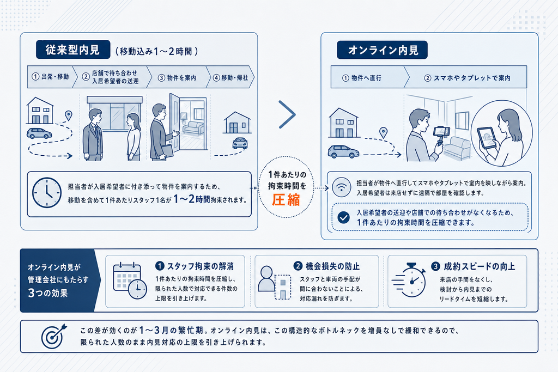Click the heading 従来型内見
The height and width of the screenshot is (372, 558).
click(72, 50)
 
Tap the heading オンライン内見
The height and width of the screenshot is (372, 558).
click(382, 50)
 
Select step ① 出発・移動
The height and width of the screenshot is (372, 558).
click(51, 77)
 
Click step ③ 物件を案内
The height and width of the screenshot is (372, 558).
click(177, 77)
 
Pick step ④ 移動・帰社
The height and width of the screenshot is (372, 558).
click(231, 77)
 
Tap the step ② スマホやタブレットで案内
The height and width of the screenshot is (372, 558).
click(468, 78)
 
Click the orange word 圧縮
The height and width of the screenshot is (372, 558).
click(286, 200)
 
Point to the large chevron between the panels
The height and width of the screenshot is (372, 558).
click(288, 114)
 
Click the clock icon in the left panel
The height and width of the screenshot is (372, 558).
click(47, 192)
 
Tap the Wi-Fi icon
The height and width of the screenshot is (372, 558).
click(341, 187)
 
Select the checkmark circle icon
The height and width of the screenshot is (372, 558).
click(343, 217)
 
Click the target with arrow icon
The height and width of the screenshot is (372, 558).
click(54, 336)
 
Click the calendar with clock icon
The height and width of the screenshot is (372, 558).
click(130, 280)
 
